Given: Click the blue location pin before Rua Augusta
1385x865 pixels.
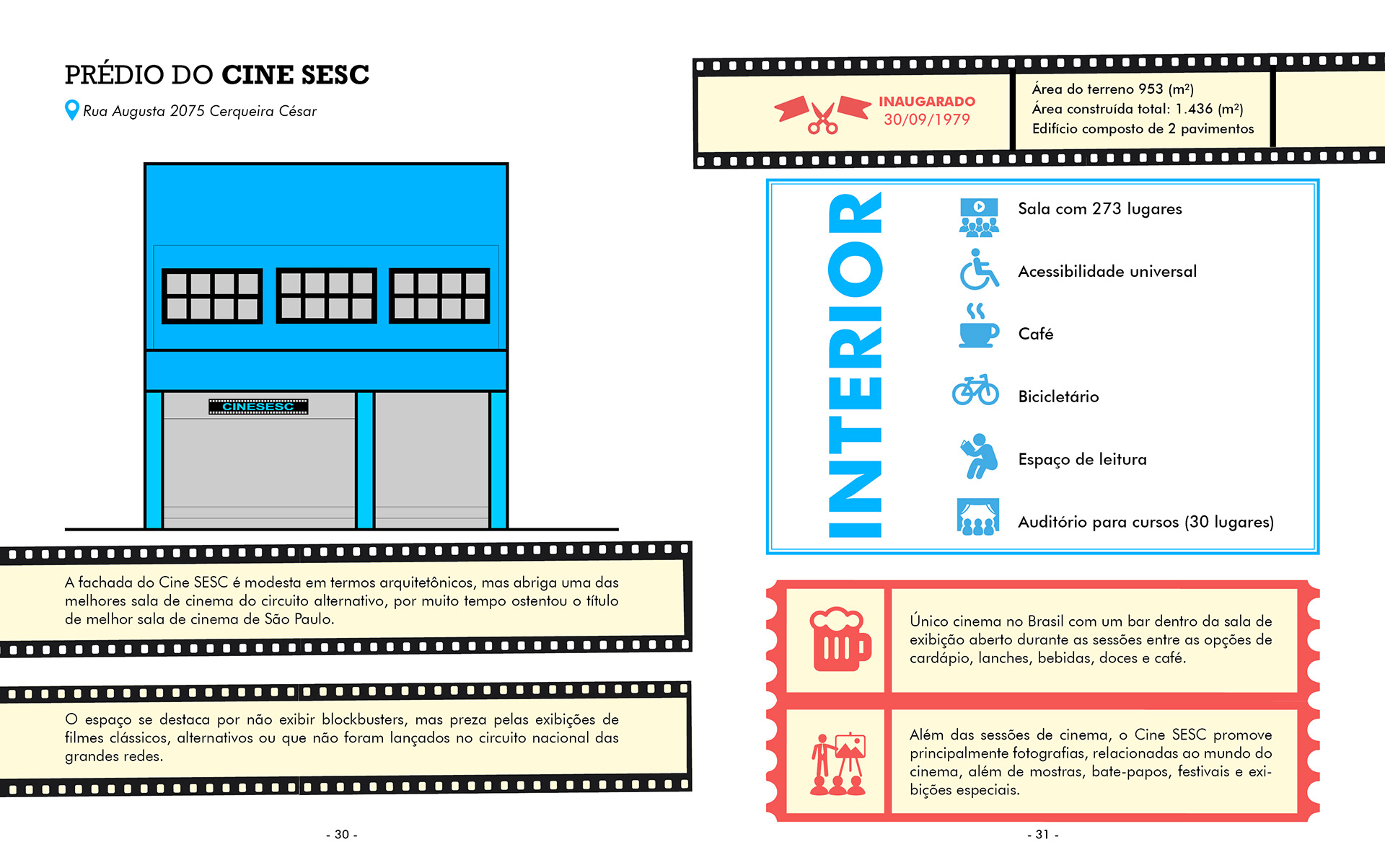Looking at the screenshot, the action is click(x=71, y=110).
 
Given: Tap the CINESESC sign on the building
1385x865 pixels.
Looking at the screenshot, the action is click(x=258, y=407).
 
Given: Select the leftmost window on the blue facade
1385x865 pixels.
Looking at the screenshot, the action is click(x=212, y=296).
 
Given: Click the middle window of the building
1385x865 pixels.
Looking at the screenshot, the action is click(x=326, y=295).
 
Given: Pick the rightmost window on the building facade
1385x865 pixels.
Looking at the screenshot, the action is click(x=439, y=295).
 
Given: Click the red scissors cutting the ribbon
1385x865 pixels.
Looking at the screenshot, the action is click(x=822, y=117).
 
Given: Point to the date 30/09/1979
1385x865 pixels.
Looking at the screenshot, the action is click(x=927, y=120).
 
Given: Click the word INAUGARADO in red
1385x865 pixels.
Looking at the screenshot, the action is click(x=927, y=102).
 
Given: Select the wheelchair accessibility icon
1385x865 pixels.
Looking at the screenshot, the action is click(x=978, y=270).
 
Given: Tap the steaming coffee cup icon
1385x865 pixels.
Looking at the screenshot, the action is click(x=978, y=327).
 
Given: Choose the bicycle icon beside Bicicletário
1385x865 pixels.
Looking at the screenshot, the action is click(x=975, y=390).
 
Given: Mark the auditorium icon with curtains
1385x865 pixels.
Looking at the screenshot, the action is click(x=978, y=517).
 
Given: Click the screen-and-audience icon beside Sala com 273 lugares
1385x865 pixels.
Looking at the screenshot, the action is click(x=979, y=217).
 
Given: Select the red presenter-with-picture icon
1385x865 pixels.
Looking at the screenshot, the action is click(x=837, y=764).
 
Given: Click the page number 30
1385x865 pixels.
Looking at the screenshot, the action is click(x=342, y=834).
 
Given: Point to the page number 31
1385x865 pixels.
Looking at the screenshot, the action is click(x=1042, y=834).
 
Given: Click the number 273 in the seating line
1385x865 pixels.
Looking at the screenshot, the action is click(x=1107, y=209).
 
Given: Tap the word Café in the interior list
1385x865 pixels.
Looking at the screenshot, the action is click(x=1036, y=334).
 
